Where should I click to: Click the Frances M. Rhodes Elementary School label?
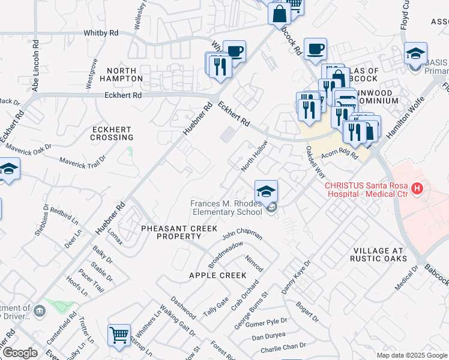226,208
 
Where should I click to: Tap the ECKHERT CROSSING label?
112,133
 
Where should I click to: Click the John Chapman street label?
242,233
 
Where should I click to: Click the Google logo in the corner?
19,353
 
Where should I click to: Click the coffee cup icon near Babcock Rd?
315,49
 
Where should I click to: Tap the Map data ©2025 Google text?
411,355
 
